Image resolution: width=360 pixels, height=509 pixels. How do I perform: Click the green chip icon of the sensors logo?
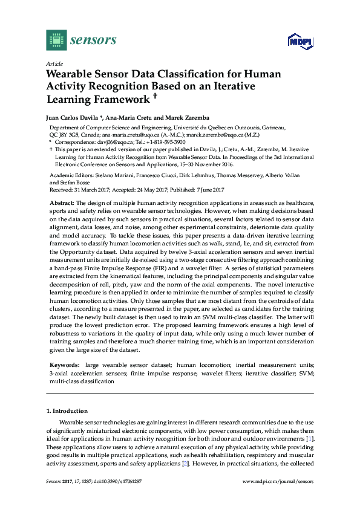click(56, 40)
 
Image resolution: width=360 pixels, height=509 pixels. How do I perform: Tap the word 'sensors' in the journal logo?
click(93, 40)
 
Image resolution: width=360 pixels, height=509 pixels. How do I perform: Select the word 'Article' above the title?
click(54, 63)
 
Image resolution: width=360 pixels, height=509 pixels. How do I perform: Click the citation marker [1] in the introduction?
click(310, 438)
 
